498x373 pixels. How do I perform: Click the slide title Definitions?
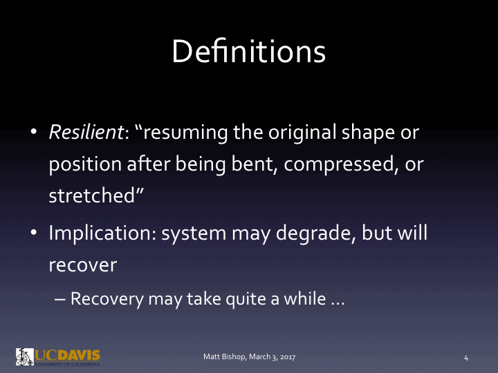248,52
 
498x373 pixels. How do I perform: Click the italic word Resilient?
85,133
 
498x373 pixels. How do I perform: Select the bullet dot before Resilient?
33,133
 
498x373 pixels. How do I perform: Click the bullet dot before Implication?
33,233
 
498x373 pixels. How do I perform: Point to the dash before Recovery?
60,300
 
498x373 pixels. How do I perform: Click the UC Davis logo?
58,356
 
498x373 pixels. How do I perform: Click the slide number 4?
466,357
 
